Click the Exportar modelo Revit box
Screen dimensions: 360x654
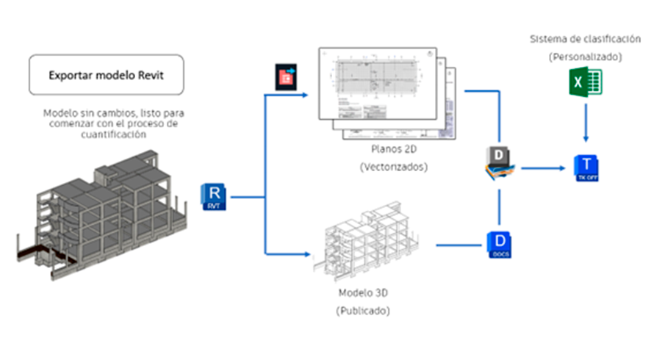pyautogui.click(x=106, y=75)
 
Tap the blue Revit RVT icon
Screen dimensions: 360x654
pyautogui.click(x=215, y=197)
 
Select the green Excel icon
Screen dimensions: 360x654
pyautogui.click(x=584, y=84)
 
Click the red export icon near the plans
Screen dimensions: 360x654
pyautogui.click(x=284, y=76)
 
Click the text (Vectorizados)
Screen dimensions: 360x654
pyautogui.click(x=389, y=167)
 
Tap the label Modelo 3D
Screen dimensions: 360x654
pyautogui.click(x=362, y=293)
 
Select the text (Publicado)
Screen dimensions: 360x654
pyautogui.click(x=362, y=311)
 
